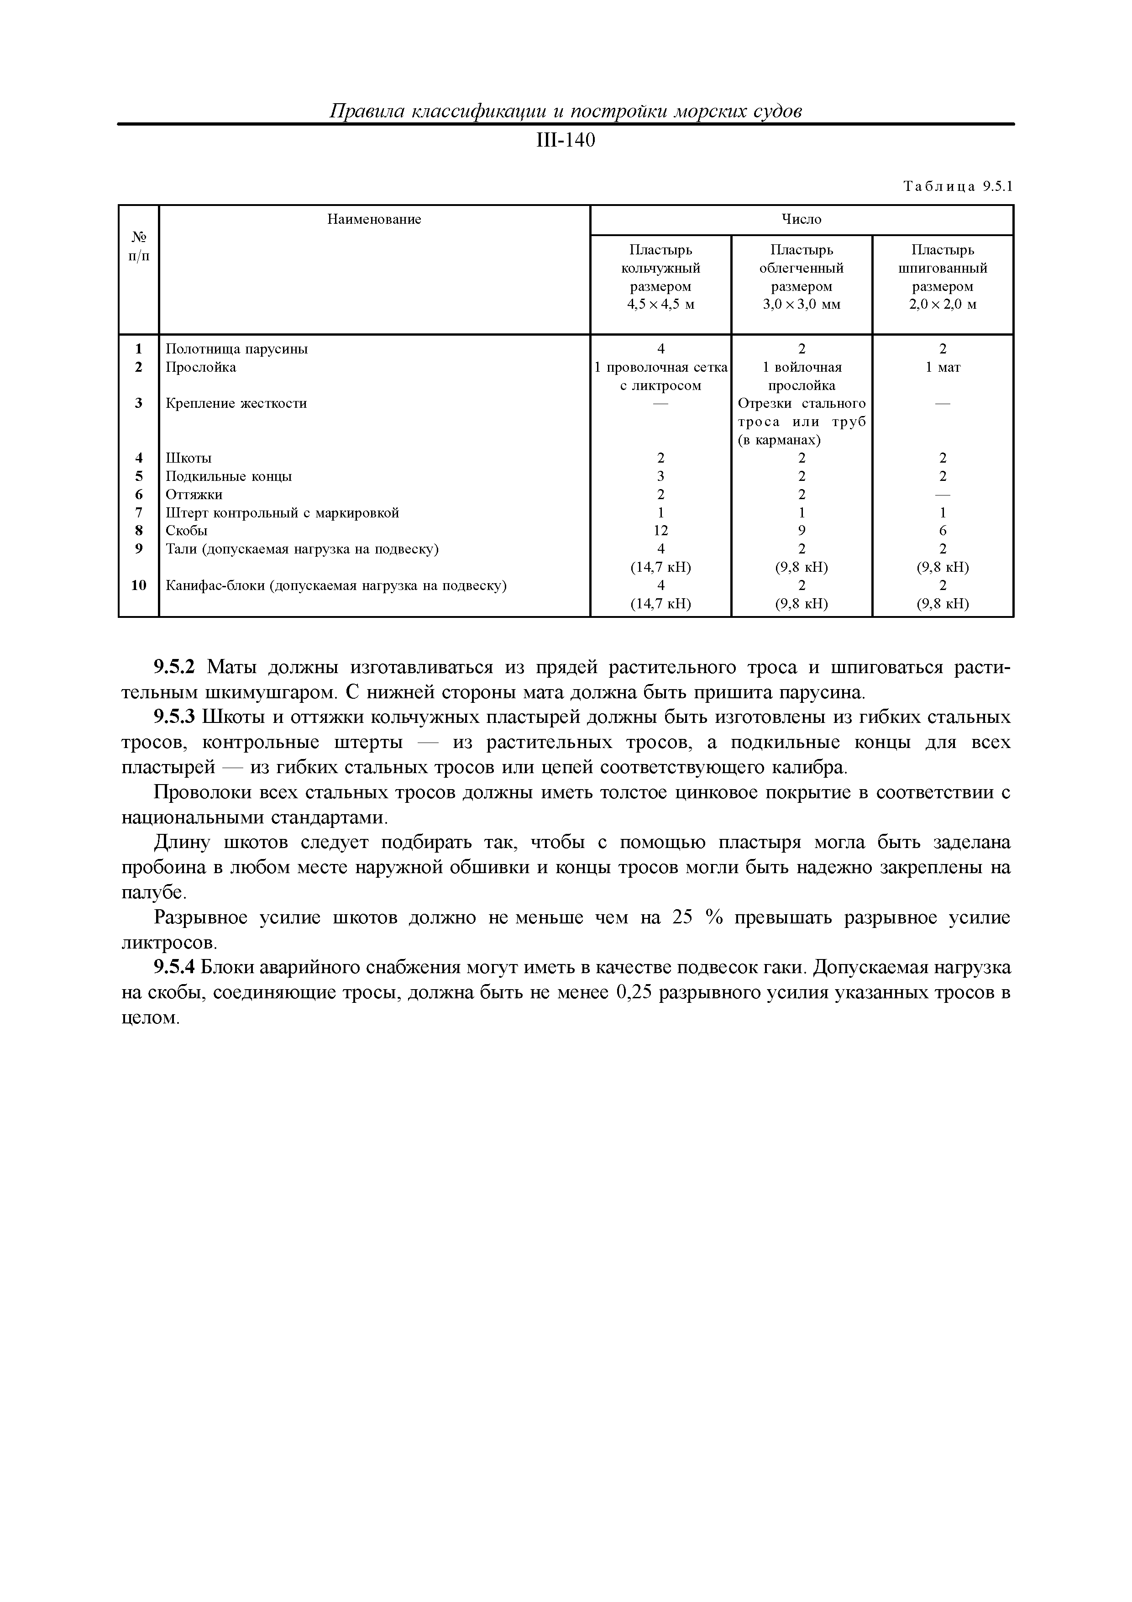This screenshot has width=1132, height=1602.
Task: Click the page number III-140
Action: coord(565,141)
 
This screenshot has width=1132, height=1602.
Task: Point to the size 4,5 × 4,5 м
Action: coord(660,305)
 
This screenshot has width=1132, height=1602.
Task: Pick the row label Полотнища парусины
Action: coord(236,349)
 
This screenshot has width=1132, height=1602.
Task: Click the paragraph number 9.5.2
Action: coord(177,668)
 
